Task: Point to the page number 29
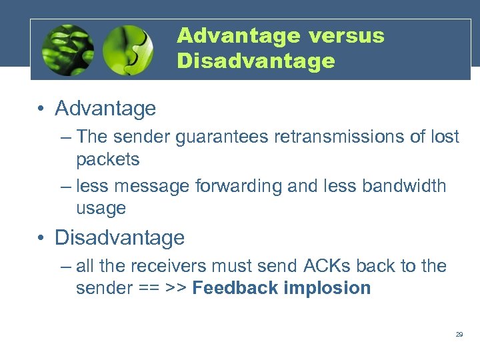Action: pos(459,334)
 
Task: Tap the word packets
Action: pos(108,160)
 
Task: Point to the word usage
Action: pos(101,209)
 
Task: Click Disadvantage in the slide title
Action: pos(256,61)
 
